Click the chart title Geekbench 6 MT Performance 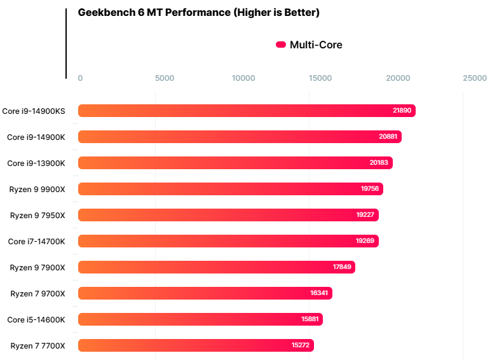point(198,13)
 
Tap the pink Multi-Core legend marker point(280,45)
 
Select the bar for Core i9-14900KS point(247,111)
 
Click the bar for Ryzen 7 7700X point(196,345)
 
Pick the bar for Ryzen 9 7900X point(216,267)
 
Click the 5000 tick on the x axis point(165,78)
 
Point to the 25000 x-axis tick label point(475,78)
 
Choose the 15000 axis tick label point(320,78)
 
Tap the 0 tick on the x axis point(80,78)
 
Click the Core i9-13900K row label point(36,163)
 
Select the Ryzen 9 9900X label point(37,189)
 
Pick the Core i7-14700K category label point(36,241)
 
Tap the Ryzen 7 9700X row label point(37,293)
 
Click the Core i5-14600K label point(36,319)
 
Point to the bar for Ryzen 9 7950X point(228,215)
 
